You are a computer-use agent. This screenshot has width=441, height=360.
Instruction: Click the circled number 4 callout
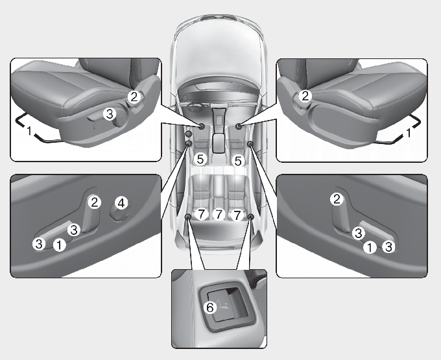(x=121, y=203)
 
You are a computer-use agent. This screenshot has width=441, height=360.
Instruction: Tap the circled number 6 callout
(x=210, y=307)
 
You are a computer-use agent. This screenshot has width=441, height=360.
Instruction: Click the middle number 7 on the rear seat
(x=219, y=215)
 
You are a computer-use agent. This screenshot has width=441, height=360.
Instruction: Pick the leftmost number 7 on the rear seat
(x=201, y=215)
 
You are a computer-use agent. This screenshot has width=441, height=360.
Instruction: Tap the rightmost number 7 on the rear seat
(x=237, y=215)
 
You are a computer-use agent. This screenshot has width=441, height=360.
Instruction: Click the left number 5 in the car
(x=200, y=160)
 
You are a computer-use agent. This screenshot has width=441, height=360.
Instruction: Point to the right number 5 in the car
(x=237, y=161)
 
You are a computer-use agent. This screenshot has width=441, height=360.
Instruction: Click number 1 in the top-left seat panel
(x=29, y=131)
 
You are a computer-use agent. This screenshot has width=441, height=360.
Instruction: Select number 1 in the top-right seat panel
(x=409, y=132)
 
